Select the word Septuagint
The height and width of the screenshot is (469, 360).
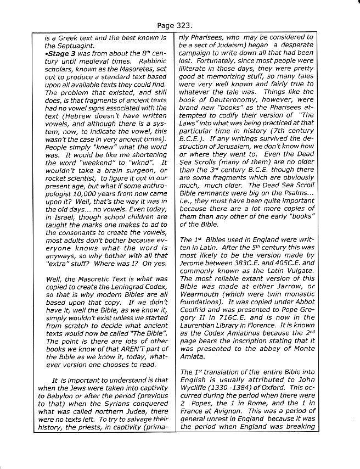[70, 46]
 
